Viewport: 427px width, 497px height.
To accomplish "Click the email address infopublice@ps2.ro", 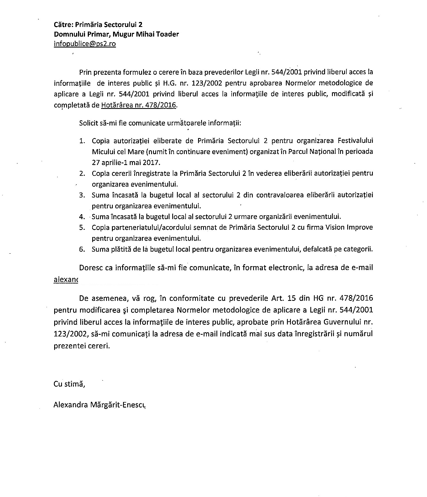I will [x=85, y=44].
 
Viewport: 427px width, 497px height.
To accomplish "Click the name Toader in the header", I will [x=168, y=34].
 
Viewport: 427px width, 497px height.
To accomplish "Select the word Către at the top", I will [x=63, y=24].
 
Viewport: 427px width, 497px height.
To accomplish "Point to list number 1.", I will [x=82, y=141].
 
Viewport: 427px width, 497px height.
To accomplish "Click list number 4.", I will [x=82, y=217].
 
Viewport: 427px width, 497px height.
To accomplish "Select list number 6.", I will [x=82, y=249].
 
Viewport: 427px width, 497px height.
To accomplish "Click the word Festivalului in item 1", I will [x=355, y=141].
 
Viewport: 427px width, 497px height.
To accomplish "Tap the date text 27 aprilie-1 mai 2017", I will [x=126, y=163].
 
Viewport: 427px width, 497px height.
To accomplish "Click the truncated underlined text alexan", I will [x=66, y=279].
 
